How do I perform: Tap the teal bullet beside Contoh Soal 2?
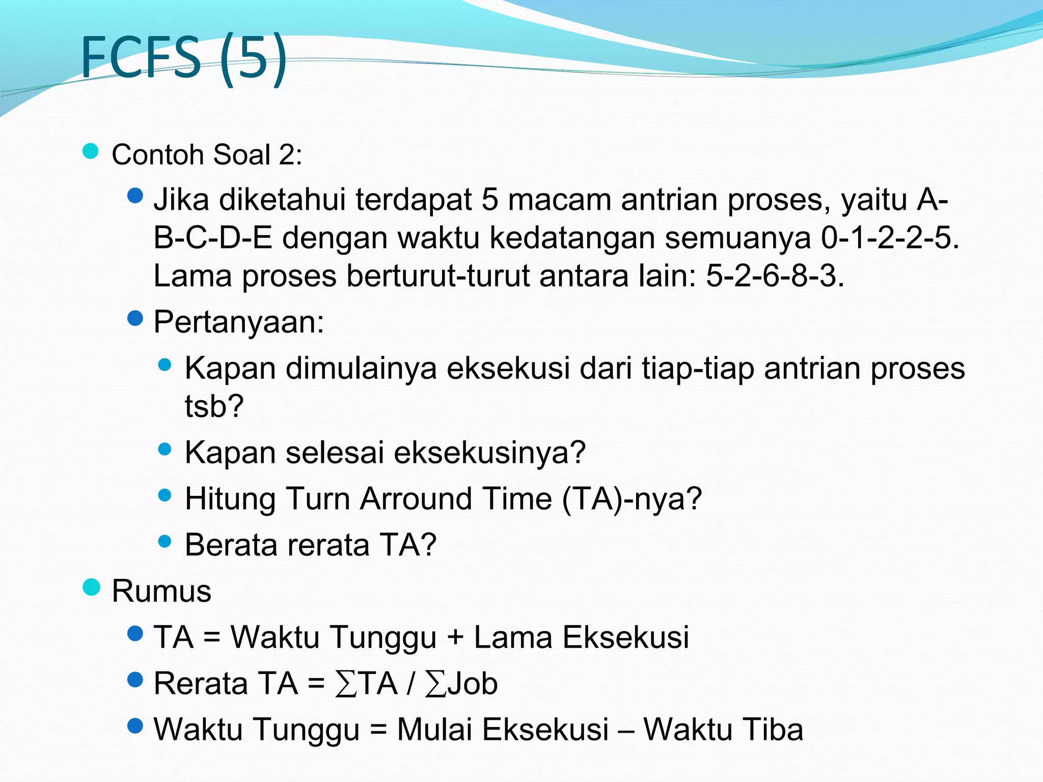90,151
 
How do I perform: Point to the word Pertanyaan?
238,322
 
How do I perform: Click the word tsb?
214,406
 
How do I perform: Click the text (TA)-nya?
632,498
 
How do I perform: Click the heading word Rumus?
161,591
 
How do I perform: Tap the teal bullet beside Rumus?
91,587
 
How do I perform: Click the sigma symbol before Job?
435,684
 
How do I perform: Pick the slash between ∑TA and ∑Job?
410,684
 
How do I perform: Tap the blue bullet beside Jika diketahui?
135,195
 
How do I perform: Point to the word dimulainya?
361,368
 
